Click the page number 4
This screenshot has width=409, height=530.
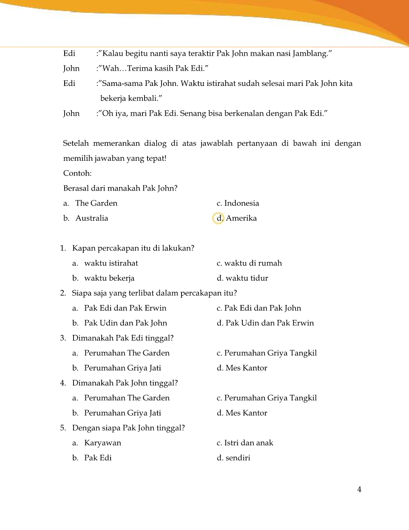point(359,490)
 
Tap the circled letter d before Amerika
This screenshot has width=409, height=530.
point(219,218)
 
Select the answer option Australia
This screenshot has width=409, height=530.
point(91,218)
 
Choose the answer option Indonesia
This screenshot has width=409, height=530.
point(241,203)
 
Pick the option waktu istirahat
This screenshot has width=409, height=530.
point(111,263)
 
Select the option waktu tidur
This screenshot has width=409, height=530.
point(247,278)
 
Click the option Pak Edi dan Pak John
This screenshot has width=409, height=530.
point(262,308)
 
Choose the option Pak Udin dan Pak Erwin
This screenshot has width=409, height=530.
point(270,323)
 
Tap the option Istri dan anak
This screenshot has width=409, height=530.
point(249,443)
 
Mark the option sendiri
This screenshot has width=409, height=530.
point(238,458)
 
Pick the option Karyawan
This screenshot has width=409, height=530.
point(102,443)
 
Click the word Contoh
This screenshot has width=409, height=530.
point(77,173)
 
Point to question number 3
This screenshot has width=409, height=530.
point(63,338)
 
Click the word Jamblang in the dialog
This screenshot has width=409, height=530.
point(312,54)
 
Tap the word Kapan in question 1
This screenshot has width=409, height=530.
point(84,248)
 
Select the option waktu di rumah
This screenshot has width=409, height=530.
point(253,263)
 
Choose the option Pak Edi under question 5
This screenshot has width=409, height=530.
point(98,458)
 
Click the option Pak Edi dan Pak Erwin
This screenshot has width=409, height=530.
point(125,308)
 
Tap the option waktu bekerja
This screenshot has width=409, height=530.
point(109,278)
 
